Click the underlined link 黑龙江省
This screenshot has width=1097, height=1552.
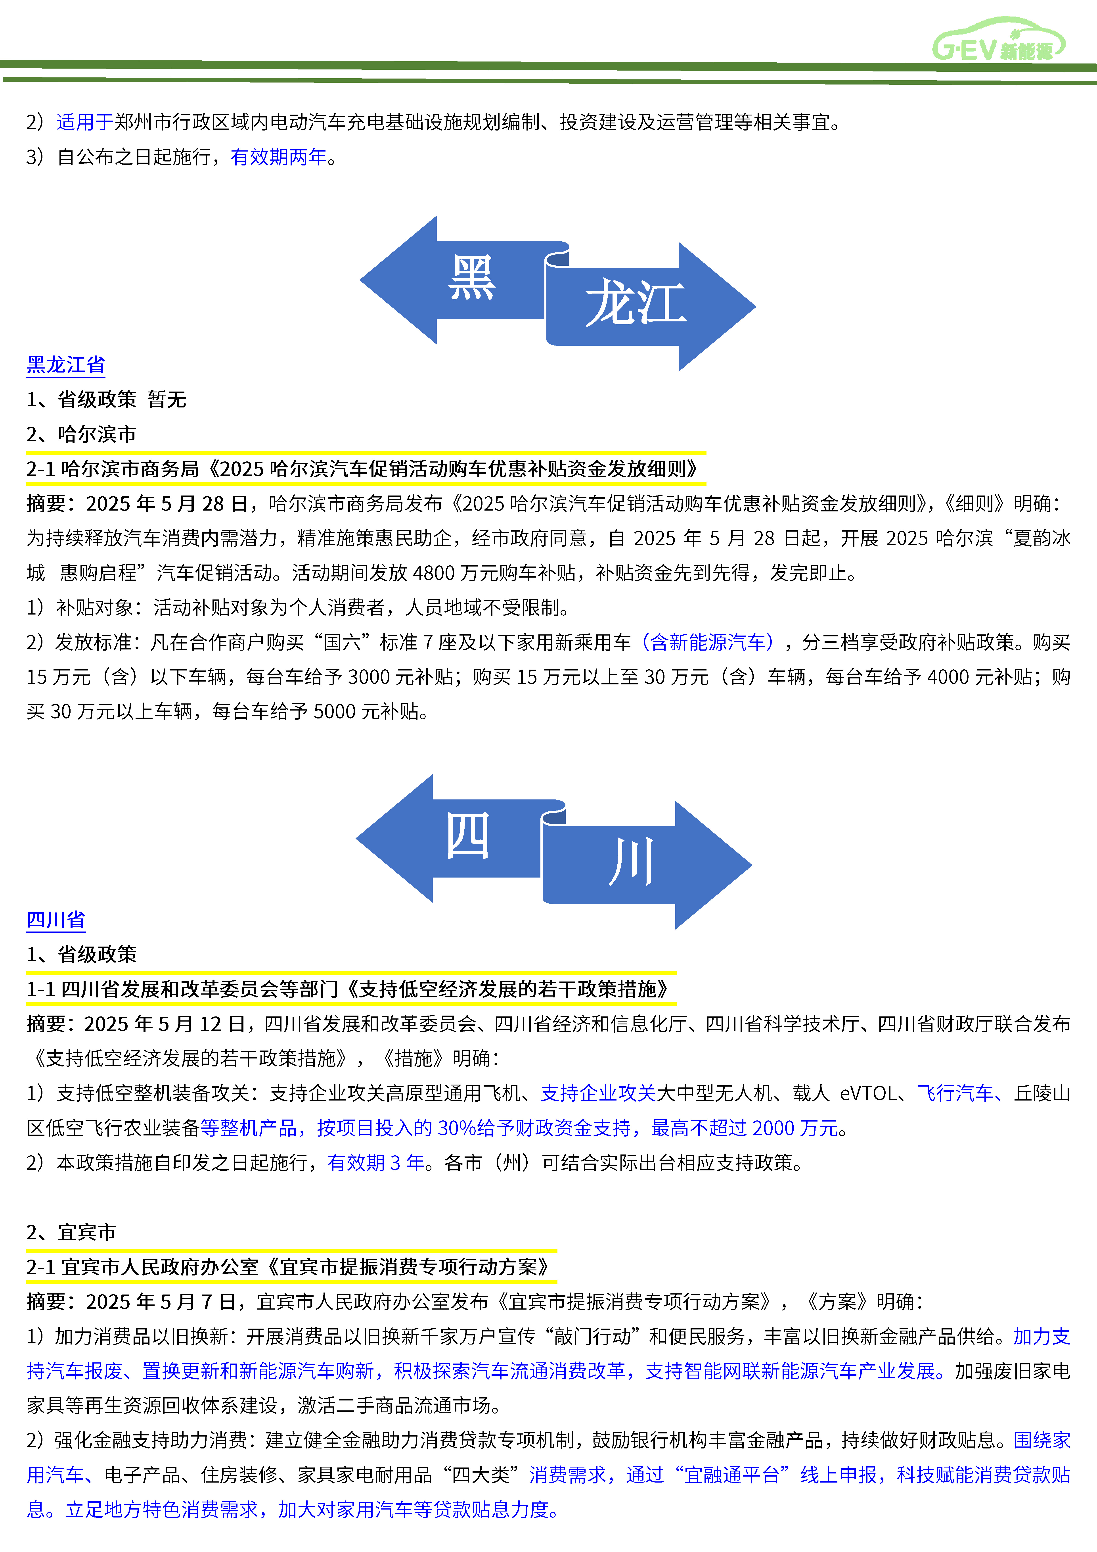coord(65,365)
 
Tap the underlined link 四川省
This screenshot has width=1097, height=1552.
coord(56,920)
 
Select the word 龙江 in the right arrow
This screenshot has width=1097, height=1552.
coord(635,303)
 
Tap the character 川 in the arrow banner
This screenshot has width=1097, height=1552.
coord(631,861)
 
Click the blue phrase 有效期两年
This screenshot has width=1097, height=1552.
coord(278,157)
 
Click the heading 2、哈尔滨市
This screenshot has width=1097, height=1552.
coord(81,434)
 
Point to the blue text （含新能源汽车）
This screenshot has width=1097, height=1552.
coord(707,642)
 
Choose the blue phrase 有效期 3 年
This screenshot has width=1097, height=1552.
coord(376,1163)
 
